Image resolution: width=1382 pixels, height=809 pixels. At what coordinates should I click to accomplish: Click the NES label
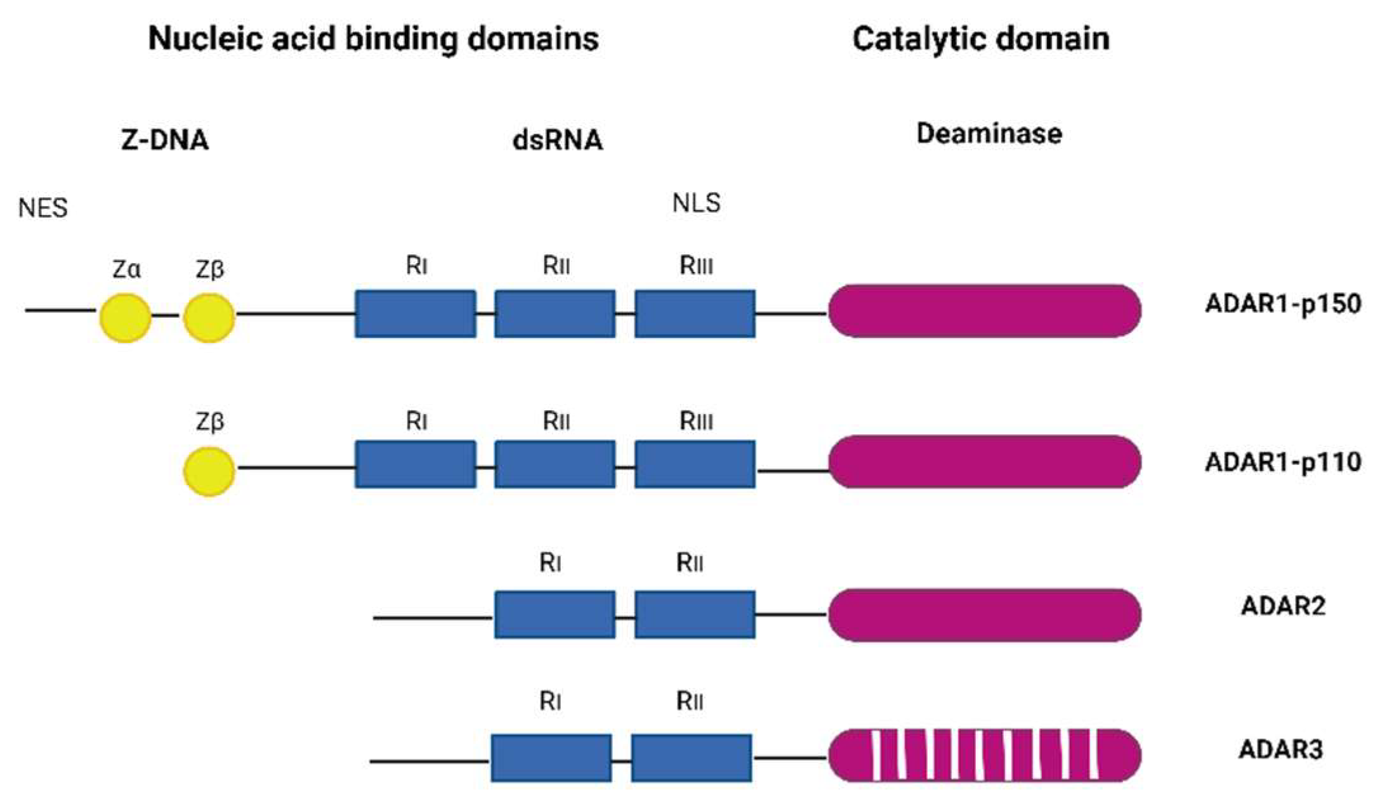pyautogui.click(x=43, y=208)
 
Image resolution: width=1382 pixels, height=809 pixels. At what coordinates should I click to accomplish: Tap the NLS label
pyautogui.click(x=696, y=203)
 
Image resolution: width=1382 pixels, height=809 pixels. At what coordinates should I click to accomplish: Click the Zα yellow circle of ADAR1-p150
pyautogui.click(x=126, y=318)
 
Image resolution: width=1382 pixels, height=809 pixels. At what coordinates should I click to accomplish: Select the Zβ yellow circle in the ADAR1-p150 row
pyautogui.click(x=209, y=318)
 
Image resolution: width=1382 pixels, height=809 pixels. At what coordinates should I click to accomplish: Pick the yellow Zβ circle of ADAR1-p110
pyautogui.click(x=209, y=471)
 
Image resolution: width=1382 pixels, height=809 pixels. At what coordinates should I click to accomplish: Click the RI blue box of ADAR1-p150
pyautogui.click(x=416, y=314)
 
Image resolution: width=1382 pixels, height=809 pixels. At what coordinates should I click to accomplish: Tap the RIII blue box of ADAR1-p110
pyautogui.click(x=695, y=464)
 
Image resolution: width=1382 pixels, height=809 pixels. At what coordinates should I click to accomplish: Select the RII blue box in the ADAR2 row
pyautogui.click(x=695, y=614)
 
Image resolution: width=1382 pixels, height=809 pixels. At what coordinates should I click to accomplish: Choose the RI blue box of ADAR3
pyautogui.click(x=551, y=758)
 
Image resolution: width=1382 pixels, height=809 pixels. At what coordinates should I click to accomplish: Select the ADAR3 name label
pyautogui.click(x=1280, y=750)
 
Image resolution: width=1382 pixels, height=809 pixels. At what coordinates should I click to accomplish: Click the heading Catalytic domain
pyautogui.click(x=981, y=39)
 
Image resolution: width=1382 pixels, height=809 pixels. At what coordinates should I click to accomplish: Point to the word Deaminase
pyautogui.click(x=989, y=134)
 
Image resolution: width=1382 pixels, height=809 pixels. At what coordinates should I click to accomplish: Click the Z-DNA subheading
pyautogui.click(x=165, y=140)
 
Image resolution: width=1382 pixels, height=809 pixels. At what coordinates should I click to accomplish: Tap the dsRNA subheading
pyautogui.click(x=557, y=140)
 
